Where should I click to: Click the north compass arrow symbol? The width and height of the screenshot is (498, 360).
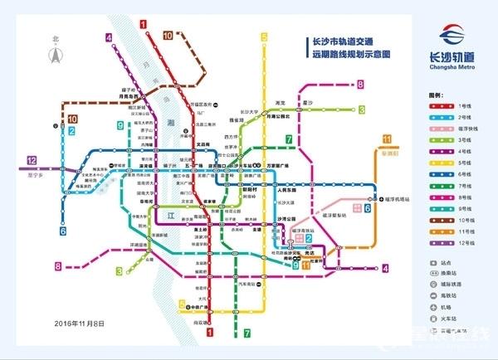click(56, 53)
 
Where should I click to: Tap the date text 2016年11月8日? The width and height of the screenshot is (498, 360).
click(80, 322)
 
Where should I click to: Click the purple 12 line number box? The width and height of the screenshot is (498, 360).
click(32, 161)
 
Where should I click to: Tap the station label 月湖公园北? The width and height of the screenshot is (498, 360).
click(276, 117)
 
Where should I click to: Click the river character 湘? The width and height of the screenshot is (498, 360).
click(170, 122)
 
